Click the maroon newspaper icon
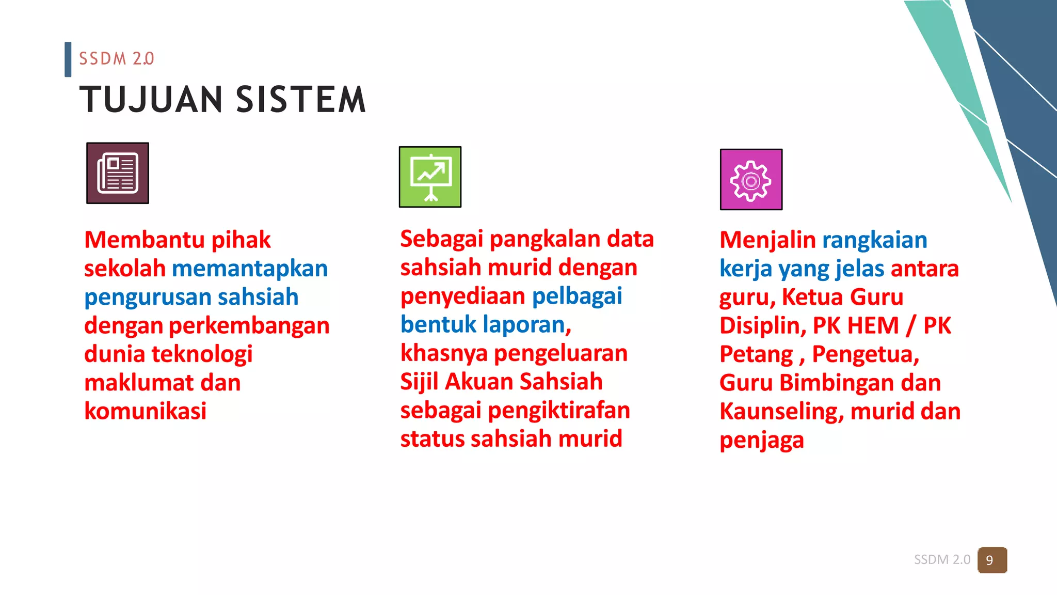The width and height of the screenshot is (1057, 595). (x=118, y=173)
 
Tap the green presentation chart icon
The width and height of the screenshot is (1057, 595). (x=430, y=177)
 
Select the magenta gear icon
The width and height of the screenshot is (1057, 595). (x=751, y=180)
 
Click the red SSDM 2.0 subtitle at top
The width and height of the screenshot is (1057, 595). (x=116, y=59)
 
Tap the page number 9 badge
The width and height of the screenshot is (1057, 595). (x=991, y=560)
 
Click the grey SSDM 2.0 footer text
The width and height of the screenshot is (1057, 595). (x=942, y=560)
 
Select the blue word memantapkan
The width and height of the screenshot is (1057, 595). (x=250, y=269)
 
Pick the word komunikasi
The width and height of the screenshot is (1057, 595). (x=145, y=411)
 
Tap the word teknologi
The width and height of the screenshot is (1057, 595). (x=202, y=354)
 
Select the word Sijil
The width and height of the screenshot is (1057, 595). (x=419, y=382)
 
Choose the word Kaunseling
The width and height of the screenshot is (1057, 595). (x=781, y=412)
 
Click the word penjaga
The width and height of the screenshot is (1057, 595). (x=761, y=441)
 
